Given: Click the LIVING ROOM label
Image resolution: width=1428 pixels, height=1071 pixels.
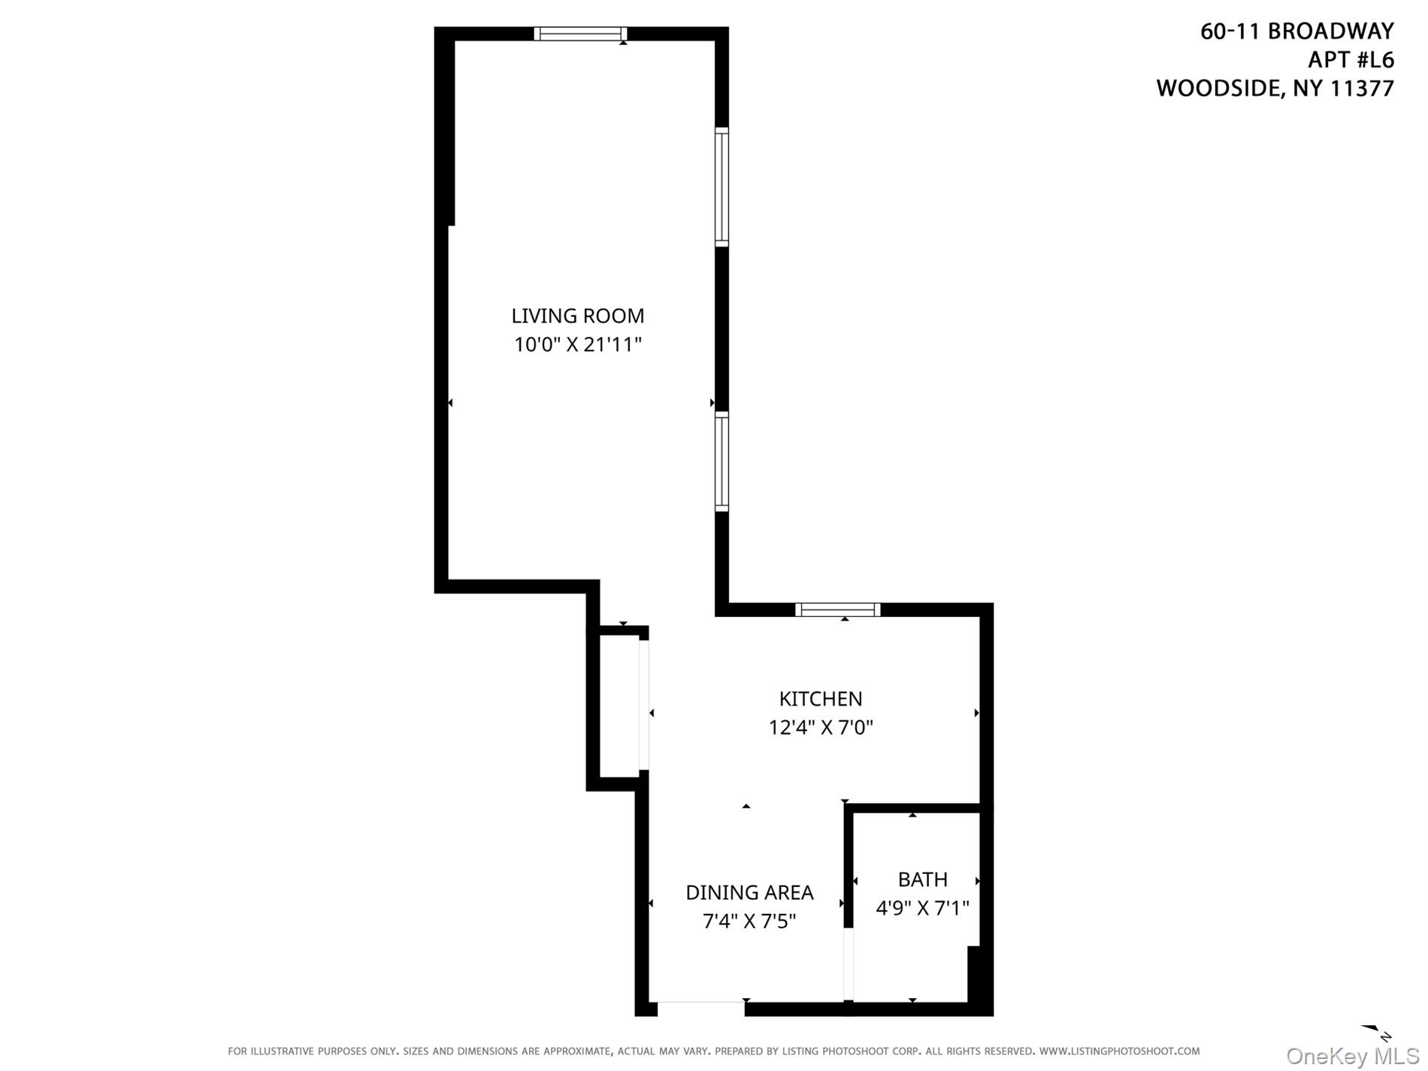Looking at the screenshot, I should (577, 316).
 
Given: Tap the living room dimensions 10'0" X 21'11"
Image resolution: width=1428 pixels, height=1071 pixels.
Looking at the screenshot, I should (577, 345).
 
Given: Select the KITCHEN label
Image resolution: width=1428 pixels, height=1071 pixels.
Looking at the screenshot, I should (820, 699).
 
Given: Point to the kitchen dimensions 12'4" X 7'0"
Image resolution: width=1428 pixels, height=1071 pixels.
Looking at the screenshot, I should (820, 728).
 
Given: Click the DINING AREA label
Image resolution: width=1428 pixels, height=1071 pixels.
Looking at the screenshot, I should (749, 893).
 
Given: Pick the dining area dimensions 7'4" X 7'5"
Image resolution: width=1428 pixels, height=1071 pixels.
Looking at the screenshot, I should (749, 921).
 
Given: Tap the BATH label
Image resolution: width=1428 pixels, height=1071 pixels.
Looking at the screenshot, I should (922, 879).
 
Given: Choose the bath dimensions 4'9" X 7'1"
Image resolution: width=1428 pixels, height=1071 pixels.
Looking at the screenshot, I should (922, 909).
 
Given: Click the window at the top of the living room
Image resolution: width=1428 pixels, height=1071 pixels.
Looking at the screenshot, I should (579, 34).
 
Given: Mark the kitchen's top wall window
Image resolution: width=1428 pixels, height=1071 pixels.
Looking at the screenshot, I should (837, 610).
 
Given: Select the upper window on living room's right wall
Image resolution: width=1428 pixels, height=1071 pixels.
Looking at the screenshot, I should (722, 187).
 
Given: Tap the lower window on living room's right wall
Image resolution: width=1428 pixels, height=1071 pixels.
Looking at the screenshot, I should (722, 461).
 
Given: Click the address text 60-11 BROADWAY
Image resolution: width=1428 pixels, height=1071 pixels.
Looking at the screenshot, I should (1296, 31).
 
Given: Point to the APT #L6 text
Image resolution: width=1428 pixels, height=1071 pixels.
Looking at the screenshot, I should (1351, 59).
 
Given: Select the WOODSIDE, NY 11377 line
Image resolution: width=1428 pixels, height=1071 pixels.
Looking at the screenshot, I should (1275, 89).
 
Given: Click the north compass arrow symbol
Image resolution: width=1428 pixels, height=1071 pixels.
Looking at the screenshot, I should (1377, 1032).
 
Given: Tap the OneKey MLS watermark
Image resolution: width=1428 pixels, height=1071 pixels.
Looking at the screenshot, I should (1352, 1057).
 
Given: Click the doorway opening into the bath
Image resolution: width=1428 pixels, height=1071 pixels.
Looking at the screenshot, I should (849, 965).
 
